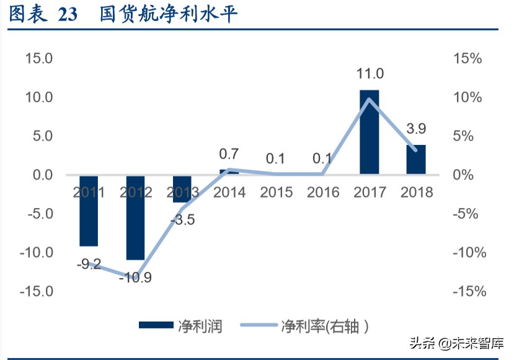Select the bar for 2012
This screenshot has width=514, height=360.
[x=135, y=217]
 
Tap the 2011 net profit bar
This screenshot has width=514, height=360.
[x=89, y=211]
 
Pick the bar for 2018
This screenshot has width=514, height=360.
[x=416, y=159]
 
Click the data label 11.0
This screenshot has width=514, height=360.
[x=370, y=74]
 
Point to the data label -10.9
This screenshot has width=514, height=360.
[x=135, y=277]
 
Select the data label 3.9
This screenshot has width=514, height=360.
[x=416, y=129]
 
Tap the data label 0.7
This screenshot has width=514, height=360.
[x=229, y=154]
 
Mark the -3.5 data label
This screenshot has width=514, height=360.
[x=183, y=219]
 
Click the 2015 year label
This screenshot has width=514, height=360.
[x=276, y=192]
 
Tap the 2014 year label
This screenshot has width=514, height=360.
[x=229, y=192]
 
